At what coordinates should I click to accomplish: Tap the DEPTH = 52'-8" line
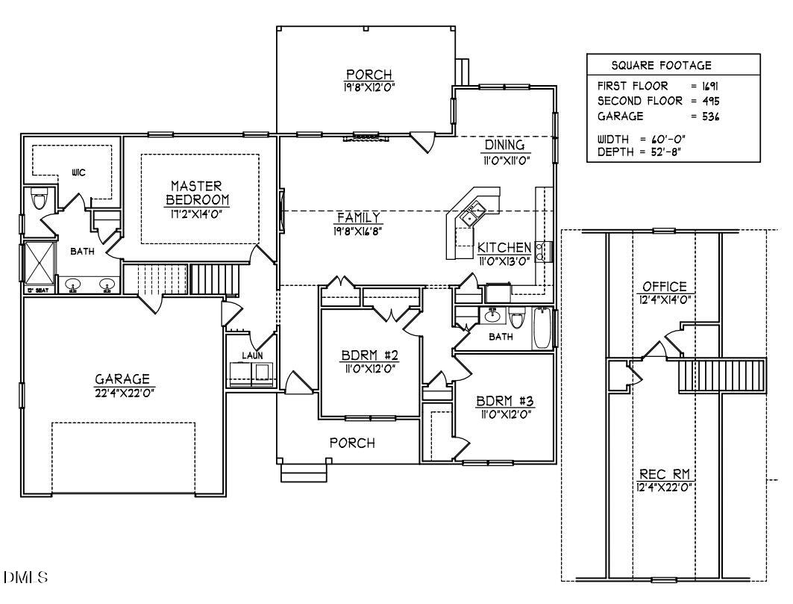coord(641,152)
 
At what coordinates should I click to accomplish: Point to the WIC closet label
coord(78,172)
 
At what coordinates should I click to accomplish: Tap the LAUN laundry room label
coord(251,355)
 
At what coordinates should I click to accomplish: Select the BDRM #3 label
coord(504,402)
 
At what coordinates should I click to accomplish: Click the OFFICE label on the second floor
coord(664,287)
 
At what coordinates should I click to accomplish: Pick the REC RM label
coord(664,474)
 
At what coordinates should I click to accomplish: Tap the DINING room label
coord(505,145)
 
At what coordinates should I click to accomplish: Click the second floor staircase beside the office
coord(722,375)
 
